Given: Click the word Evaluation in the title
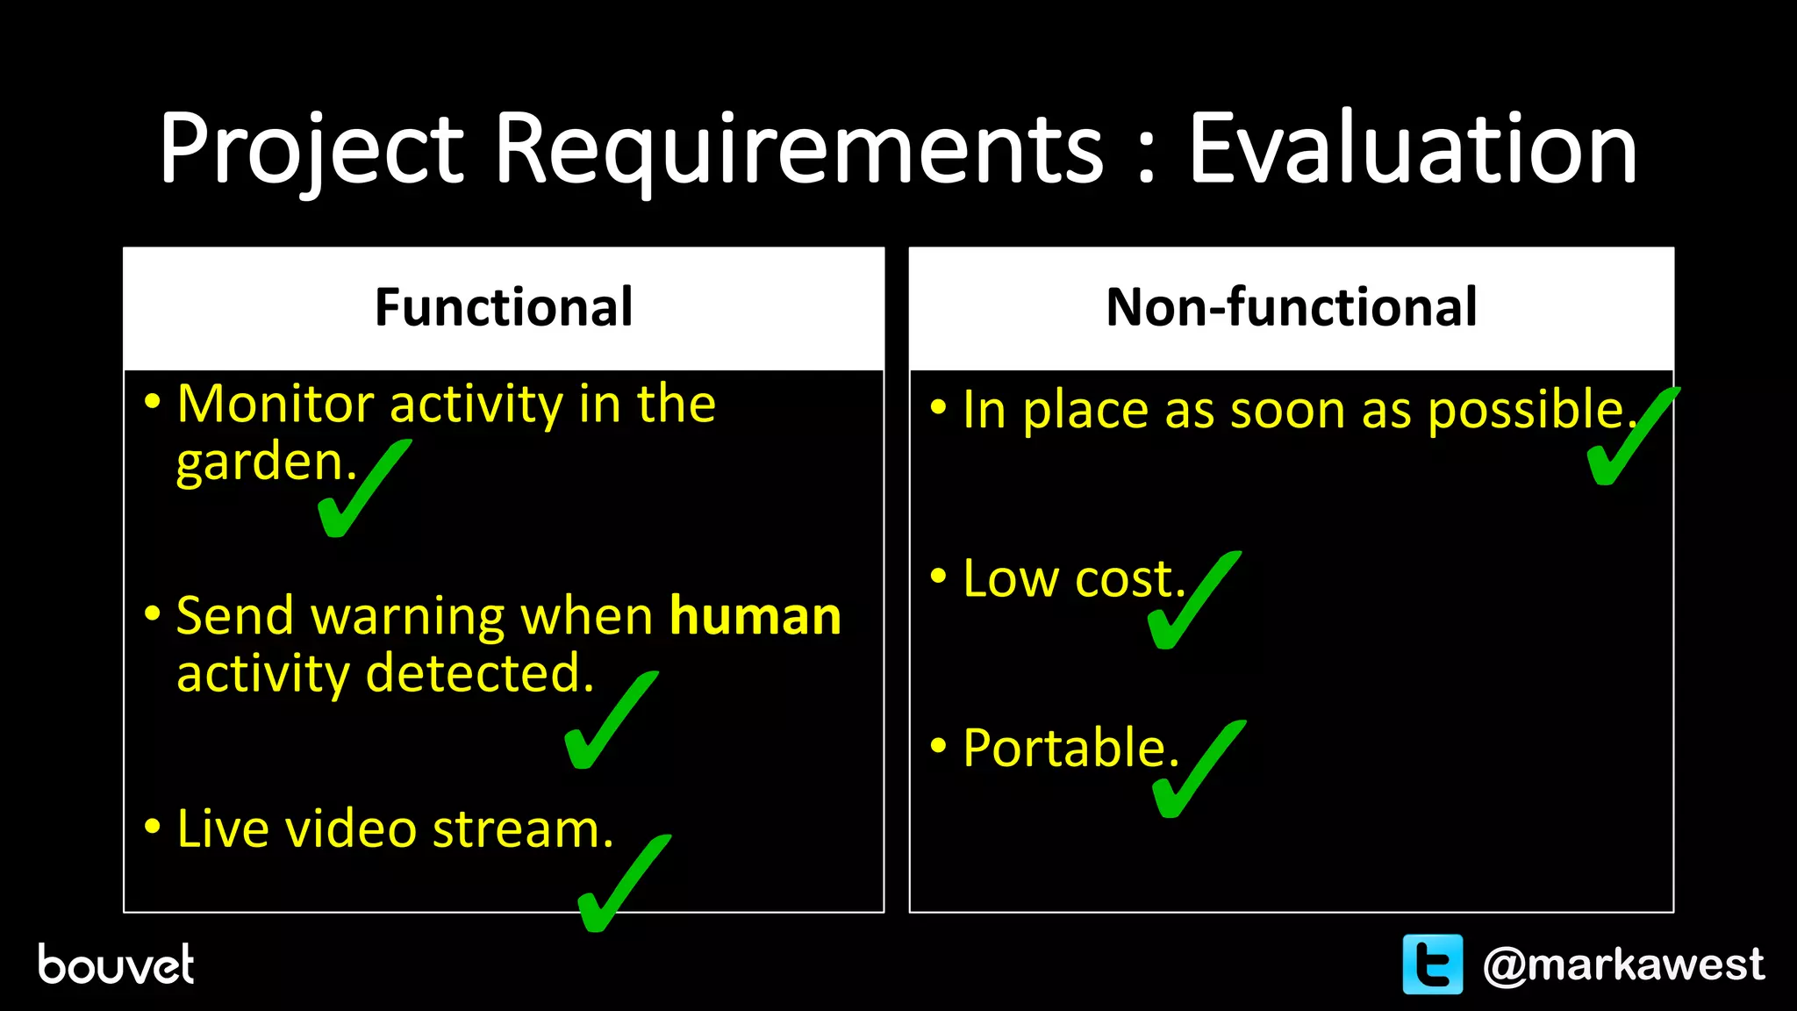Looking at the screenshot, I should coord(1412,149).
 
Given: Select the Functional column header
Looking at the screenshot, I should coord(504,307).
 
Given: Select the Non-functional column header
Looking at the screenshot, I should coord(1291,307).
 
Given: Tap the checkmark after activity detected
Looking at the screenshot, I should coord(607,724).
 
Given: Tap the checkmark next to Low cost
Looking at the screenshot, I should coord(1191,604).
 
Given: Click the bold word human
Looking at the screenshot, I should coord(755,616).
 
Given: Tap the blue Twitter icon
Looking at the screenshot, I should coord(1432,964).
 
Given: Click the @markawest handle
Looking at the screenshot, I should coord(1622,964).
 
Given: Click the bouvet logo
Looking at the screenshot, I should coord(116,964).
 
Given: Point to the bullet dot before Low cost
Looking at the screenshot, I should coord(939,577).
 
